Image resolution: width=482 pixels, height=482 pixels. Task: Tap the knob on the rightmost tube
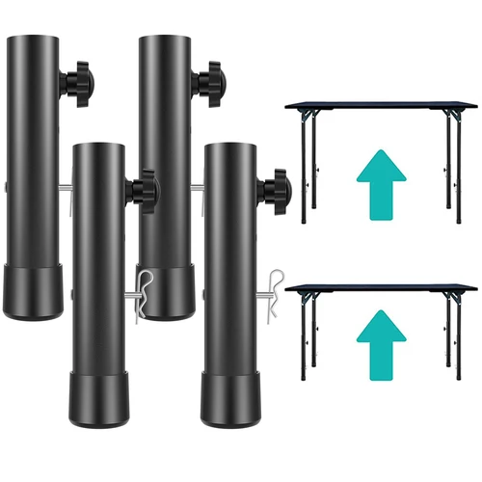[281, 178]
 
